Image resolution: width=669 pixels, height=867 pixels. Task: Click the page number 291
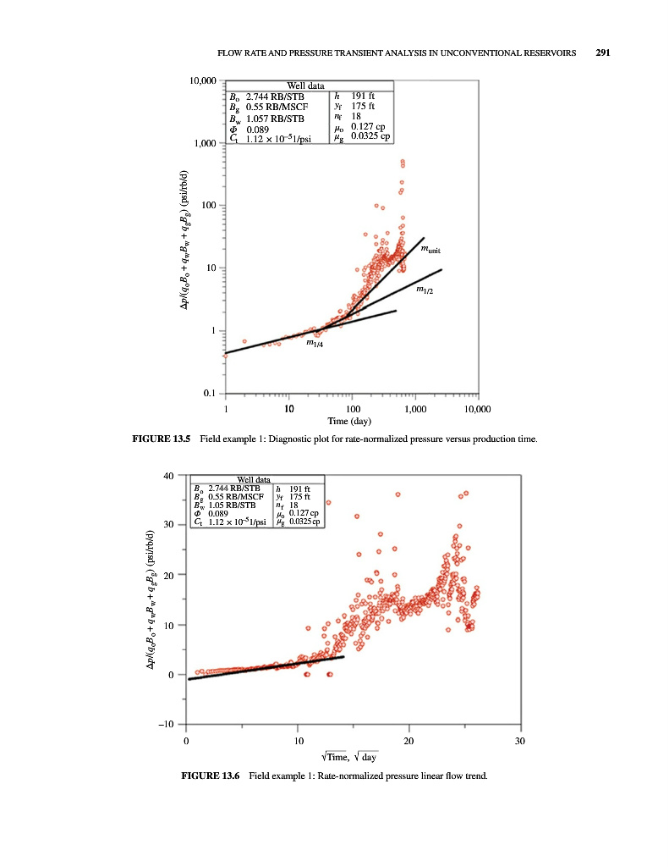click(602, 52)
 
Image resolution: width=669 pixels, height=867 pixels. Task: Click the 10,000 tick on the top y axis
click(204, 81)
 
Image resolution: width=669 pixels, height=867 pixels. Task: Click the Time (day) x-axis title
click(351, 421)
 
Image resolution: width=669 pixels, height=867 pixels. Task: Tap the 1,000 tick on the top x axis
click(414, 408)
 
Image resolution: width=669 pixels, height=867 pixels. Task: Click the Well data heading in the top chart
click(306, 86)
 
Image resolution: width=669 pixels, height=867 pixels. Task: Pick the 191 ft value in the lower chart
click(302, 489)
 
